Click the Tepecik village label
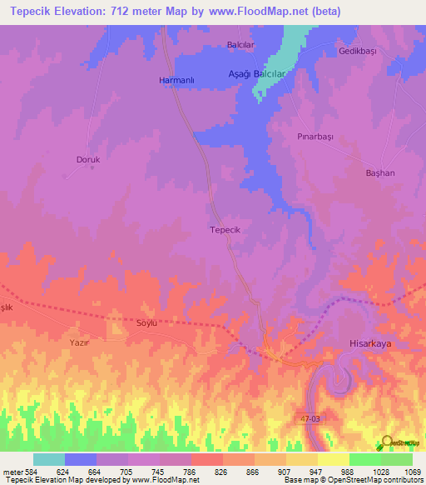point(225,229)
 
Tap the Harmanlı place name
point(176,80)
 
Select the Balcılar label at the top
point(242,45)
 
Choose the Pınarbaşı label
point(315,134)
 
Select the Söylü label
point(146,324)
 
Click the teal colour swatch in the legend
point(49,459)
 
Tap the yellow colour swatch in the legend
point(333,459)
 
